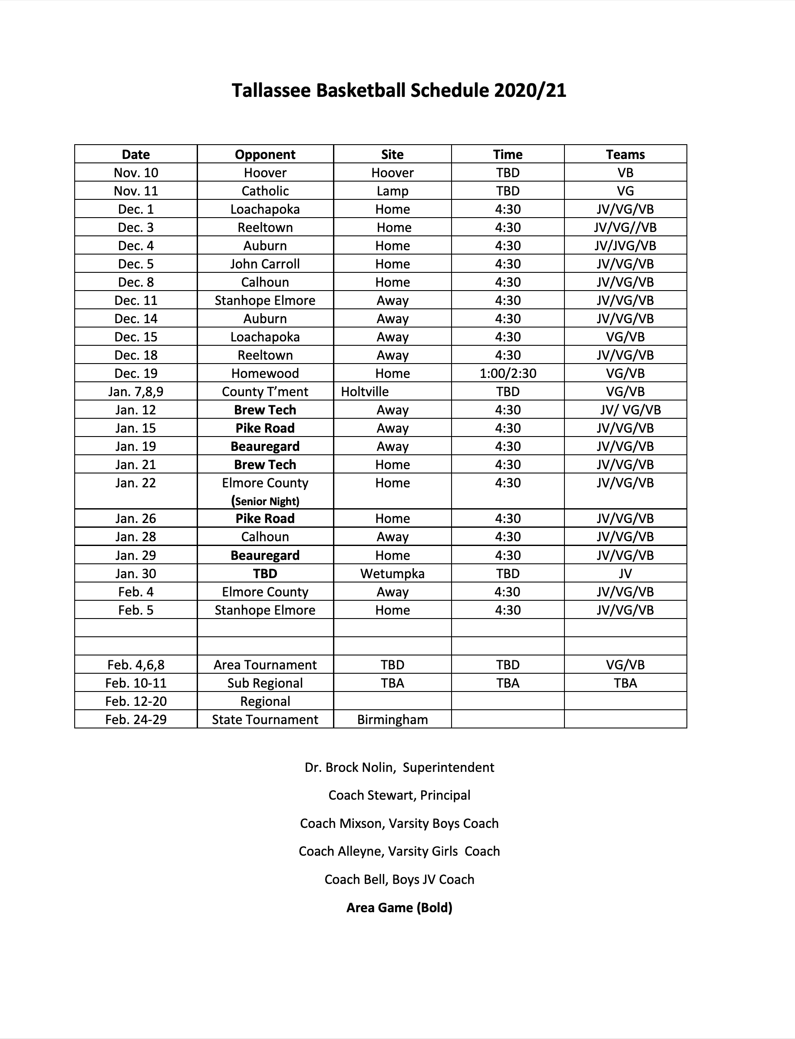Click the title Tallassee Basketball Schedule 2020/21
(399, 90)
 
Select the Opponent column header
(265, 154)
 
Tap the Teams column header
(625, 154)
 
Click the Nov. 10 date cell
(136, 173)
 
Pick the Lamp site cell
(393, 191)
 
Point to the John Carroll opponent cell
(265, 264)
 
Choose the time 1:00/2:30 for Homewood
(508, 374)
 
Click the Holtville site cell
(365, 391)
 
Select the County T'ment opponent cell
(265, 391)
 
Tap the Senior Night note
(265, 501)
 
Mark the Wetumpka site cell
(393, 574)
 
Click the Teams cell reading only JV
(625, 574)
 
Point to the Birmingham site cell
(393, 719)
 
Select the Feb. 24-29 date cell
(136, 719)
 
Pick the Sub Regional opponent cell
(265, 683)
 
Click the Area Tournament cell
(265, 665)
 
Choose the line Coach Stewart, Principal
(399, 795)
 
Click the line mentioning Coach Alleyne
(399, 851)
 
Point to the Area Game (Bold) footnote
(399, 907)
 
